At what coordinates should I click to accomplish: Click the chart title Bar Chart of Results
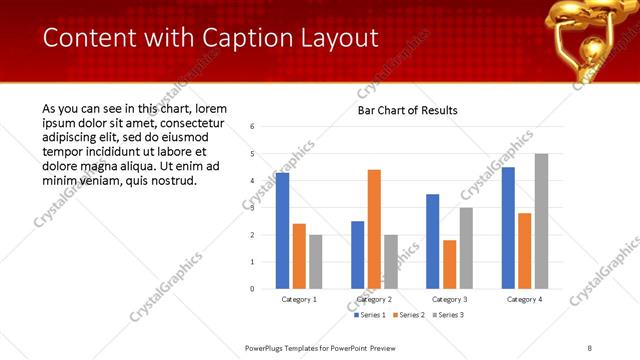pos(407,110)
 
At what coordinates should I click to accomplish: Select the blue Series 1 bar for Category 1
pos(283,231)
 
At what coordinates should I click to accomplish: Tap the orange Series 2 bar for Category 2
pos(374,229)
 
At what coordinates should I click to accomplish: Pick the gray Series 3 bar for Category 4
pos(541,221)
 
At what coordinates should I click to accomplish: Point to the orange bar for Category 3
pos(449,264)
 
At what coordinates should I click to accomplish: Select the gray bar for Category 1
pos(316,261)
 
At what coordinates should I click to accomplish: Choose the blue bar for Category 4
pos(508,228)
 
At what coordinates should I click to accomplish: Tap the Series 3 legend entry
pos(450,315)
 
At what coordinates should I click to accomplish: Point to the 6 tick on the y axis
pos(253,127)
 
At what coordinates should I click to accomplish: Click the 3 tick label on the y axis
pos(253,208)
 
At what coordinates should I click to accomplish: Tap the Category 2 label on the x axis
pos(375,299)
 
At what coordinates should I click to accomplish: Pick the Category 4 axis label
pos(525,299)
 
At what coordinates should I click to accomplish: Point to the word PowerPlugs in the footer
pos(267,348)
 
